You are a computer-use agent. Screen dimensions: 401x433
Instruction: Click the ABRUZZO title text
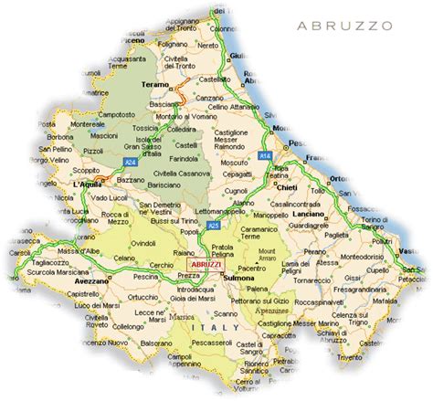[346, 26]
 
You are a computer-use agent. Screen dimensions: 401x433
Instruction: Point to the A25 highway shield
[213, 224]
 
